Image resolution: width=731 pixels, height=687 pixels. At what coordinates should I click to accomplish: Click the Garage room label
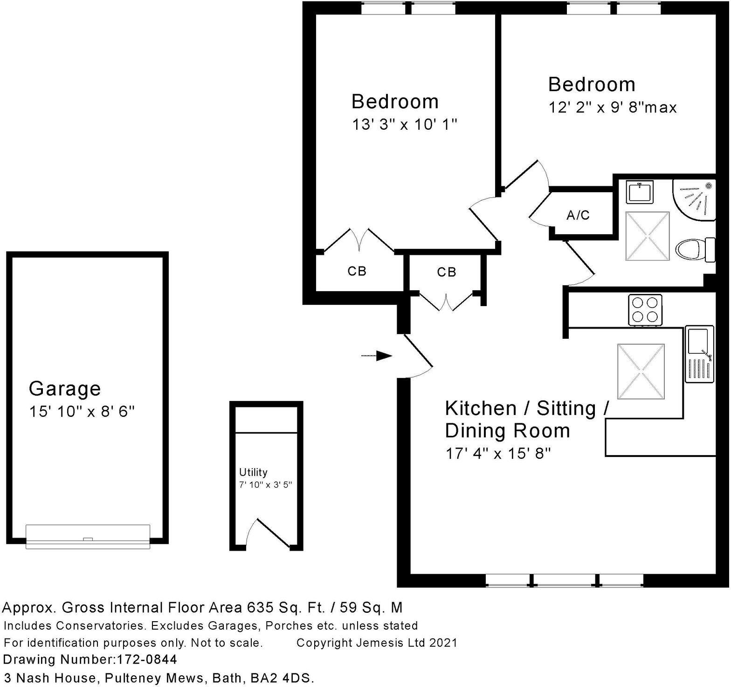pyautogui.click(x=64, y=388)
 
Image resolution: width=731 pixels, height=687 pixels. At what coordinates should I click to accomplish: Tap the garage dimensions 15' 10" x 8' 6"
pyautogui.click(x=82, y=412)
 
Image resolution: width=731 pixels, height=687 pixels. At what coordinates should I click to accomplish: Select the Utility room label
pyautogui.click(x=253, y=472)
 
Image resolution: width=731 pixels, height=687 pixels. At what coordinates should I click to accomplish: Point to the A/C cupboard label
pyautogui.click(x=578, y=215)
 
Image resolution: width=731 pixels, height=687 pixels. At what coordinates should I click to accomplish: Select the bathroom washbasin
pyautogui.click(x=640, y=192)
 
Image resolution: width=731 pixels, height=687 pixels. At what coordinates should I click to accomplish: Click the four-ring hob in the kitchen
pyautogui.click(x=645, y=309)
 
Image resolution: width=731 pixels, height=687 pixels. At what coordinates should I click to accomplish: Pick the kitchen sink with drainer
pyautogui.click(x=699, y=354)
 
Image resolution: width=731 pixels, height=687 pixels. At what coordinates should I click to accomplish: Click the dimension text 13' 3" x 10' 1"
pyautogui.click(x=404, y=125)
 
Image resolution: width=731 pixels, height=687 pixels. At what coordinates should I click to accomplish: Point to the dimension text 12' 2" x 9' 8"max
pyautogui.click(x=612, y=108)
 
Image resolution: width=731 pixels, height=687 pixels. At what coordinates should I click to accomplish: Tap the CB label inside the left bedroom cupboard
pyautogui.click(x=357, y=271)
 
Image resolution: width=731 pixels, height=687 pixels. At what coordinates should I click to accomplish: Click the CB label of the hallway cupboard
pyautogui.click(x=446, y=272)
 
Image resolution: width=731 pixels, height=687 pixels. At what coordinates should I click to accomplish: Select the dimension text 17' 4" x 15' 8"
pyautogui.click(x=498, y=453)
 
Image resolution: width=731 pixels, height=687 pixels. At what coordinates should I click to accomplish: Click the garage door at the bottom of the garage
pyautogui.click(x=88, y=537)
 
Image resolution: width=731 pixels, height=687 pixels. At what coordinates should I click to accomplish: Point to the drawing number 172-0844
pyautogui.click(x=145, y=659)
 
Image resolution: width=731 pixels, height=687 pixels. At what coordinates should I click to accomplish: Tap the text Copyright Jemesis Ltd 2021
pyautogui.click(x=377, y=643)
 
